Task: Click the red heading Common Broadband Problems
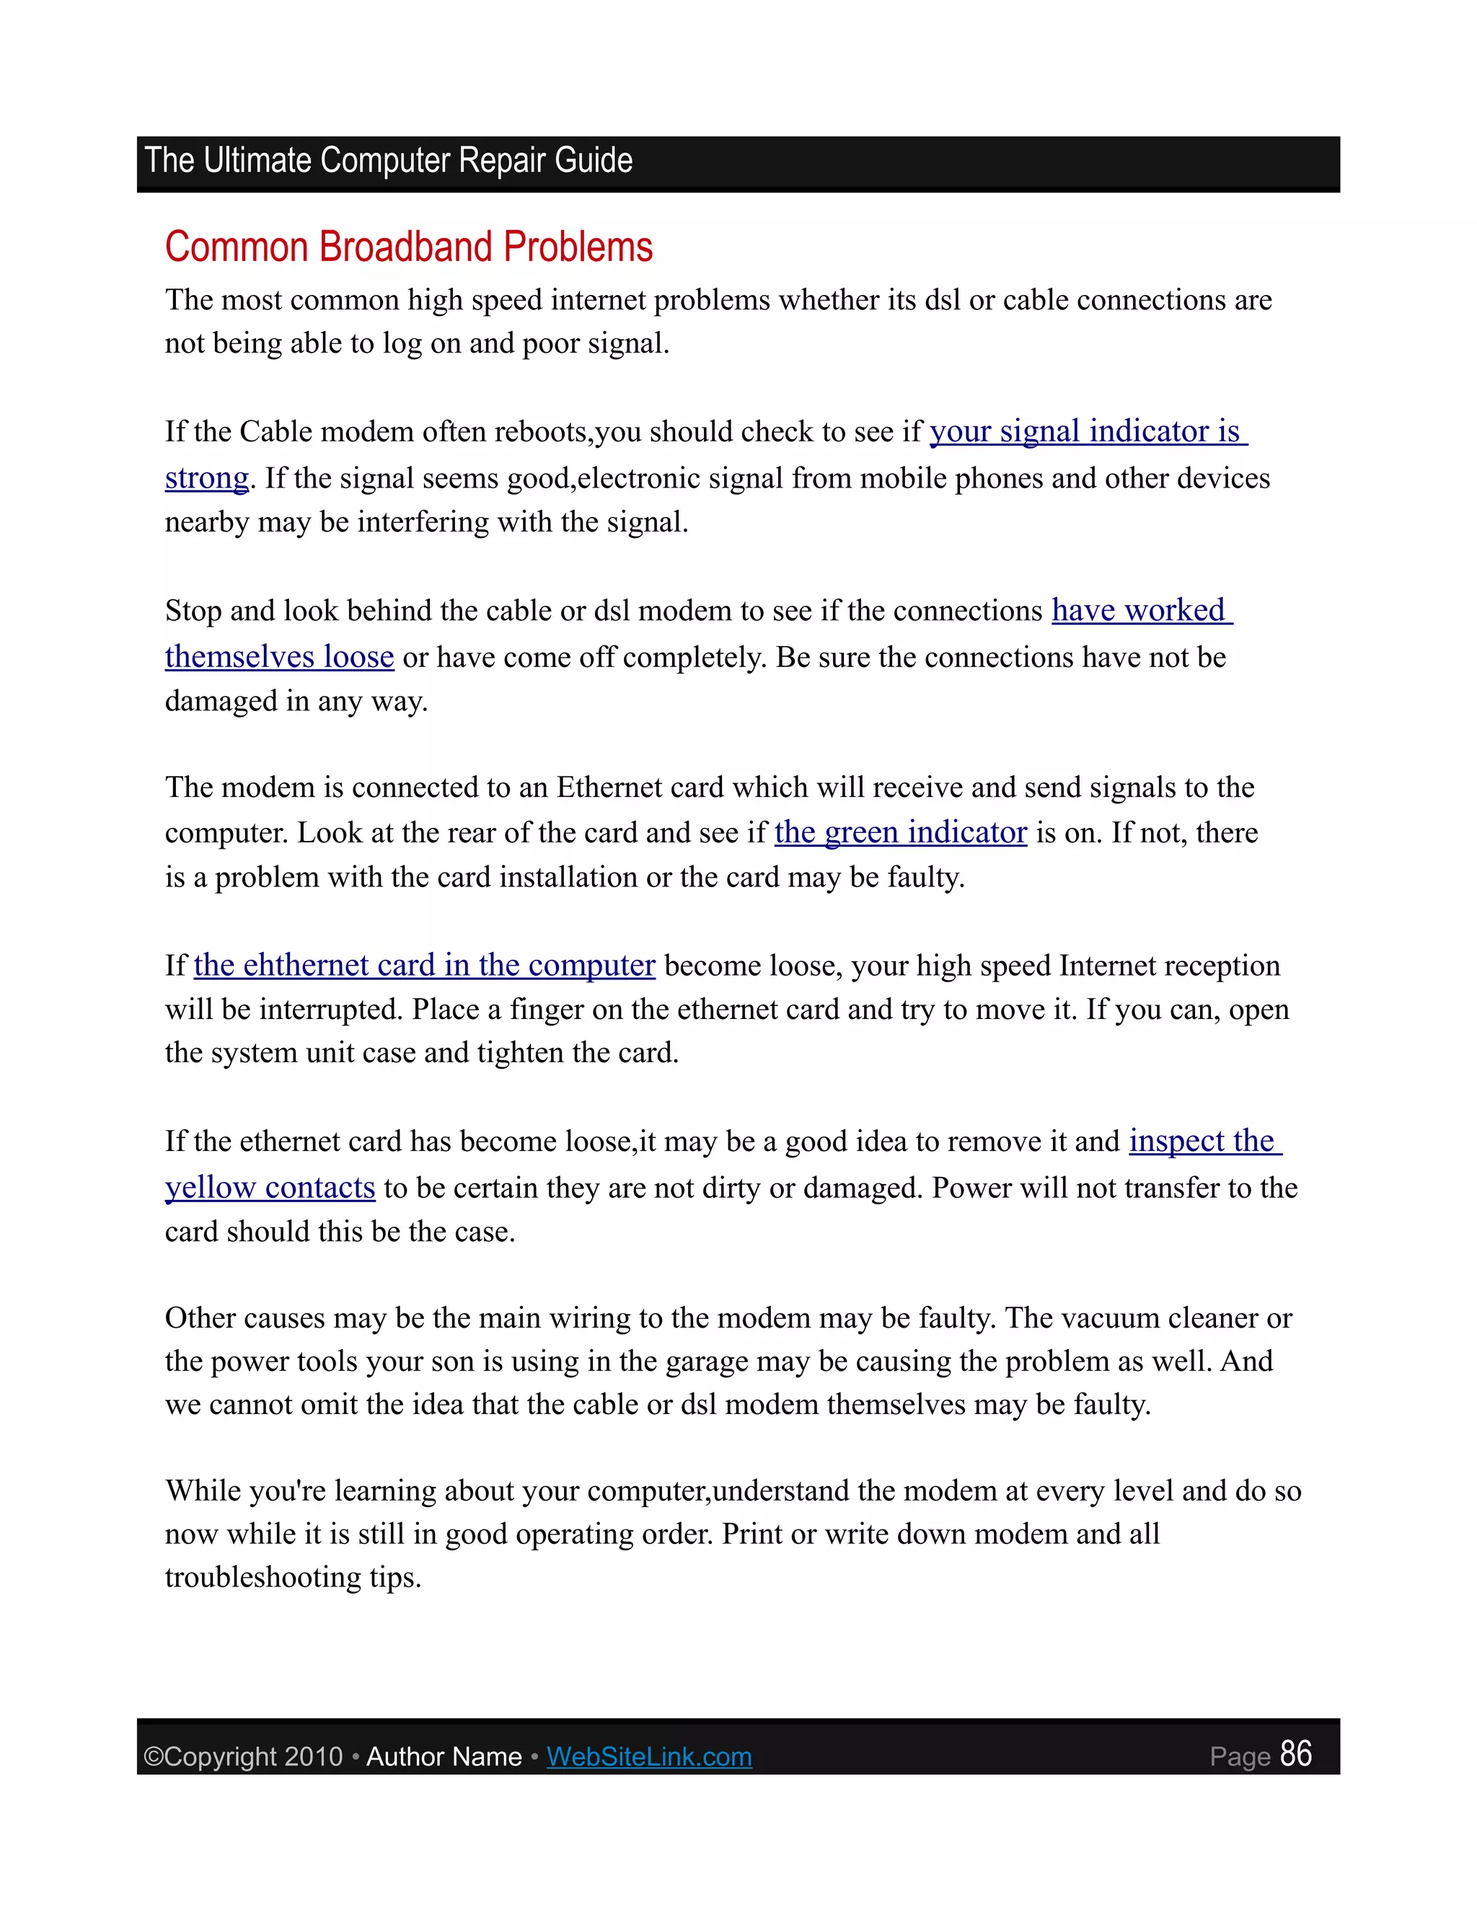[409, 247]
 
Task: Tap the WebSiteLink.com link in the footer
[648, 1756]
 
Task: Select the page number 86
[1295, 1754]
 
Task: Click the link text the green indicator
[900, 832]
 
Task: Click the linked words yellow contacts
[270, 1188]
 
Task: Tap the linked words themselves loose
[279, 656]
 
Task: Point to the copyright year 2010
[313, 1757]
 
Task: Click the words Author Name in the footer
[444, 1757]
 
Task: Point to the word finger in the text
[545, 1009]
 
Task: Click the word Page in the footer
[1239, 1757]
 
